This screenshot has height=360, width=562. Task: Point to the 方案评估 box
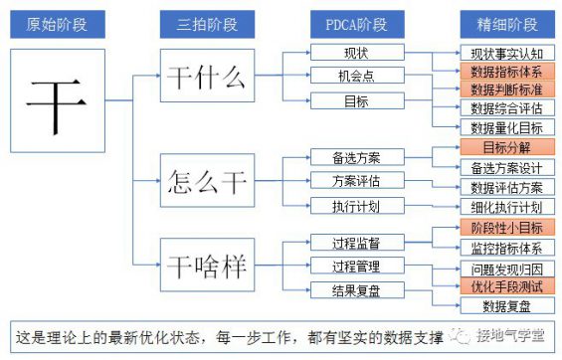point(355,181)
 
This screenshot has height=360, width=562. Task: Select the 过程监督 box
point(355,242)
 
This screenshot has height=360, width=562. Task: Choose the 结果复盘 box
point(355,289)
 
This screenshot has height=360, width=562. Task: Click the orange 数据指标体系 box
point(505,71)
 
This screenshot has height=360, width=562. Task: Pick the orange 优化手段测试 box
point(505,286)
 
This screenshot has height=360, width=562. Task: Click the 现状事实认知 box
point(505,52)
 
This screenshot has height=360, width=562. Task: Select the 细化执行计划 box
point(505,207)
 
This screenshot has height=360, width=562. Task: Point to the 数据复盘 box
point(505,305)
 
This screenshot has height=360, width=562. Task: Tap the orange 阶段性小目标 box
point(505,228)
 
